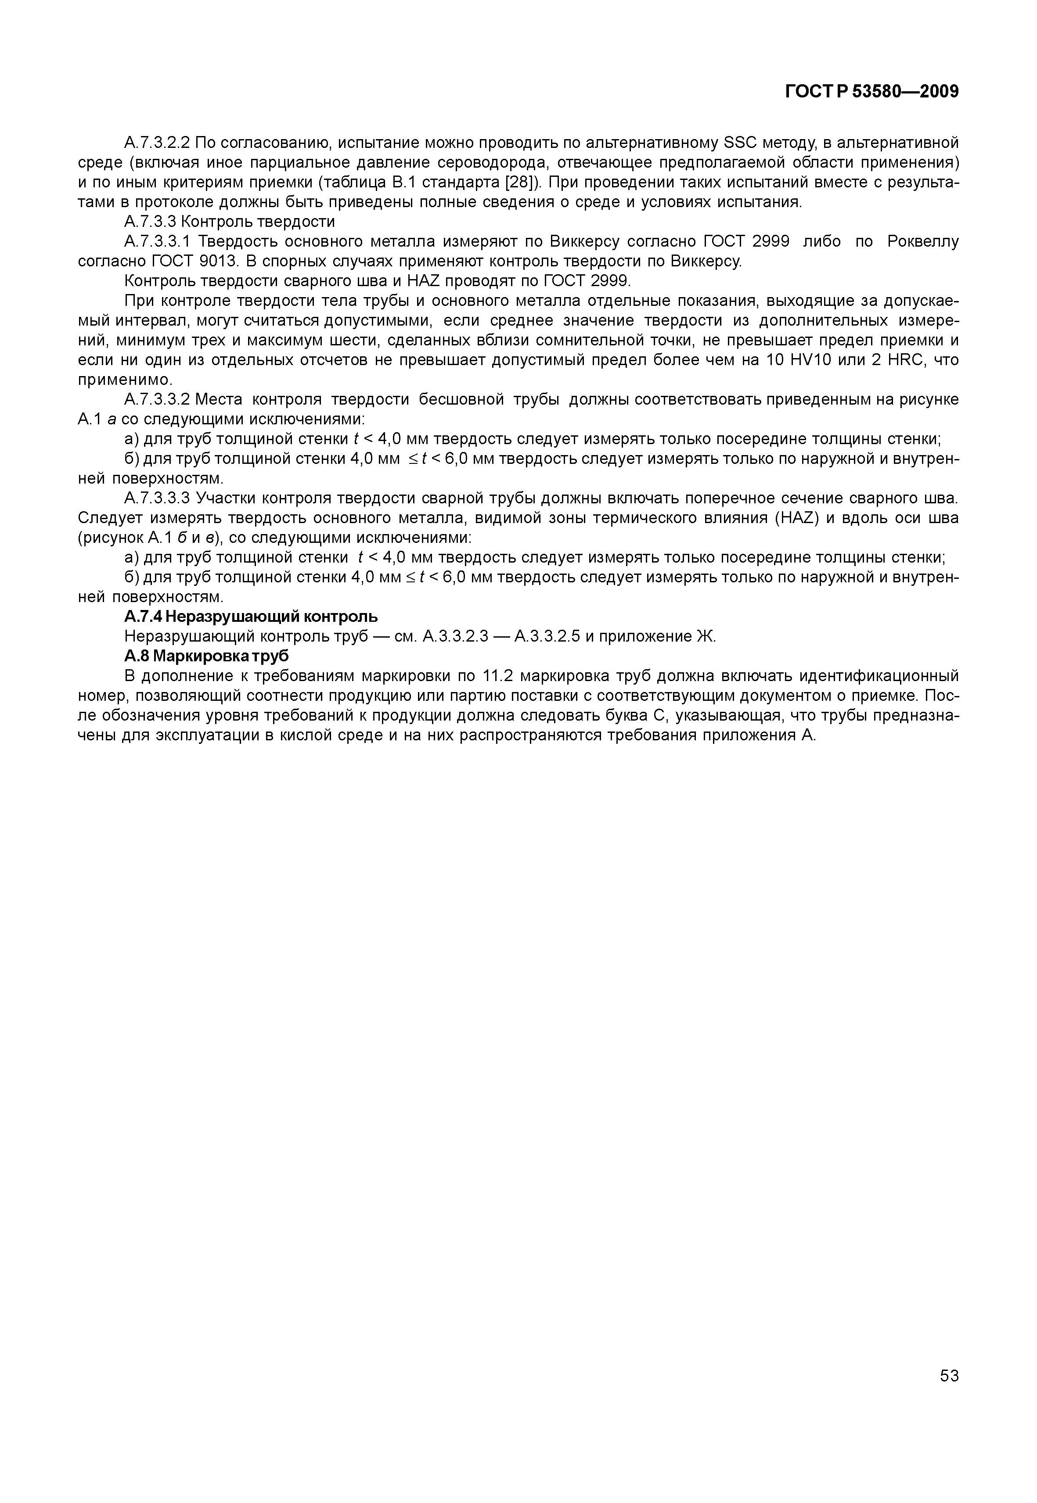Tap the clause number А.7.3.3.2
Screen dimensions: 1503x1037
tap(157, 399)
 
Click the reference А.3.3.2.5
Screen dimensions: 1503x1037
tap(547, 637)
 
